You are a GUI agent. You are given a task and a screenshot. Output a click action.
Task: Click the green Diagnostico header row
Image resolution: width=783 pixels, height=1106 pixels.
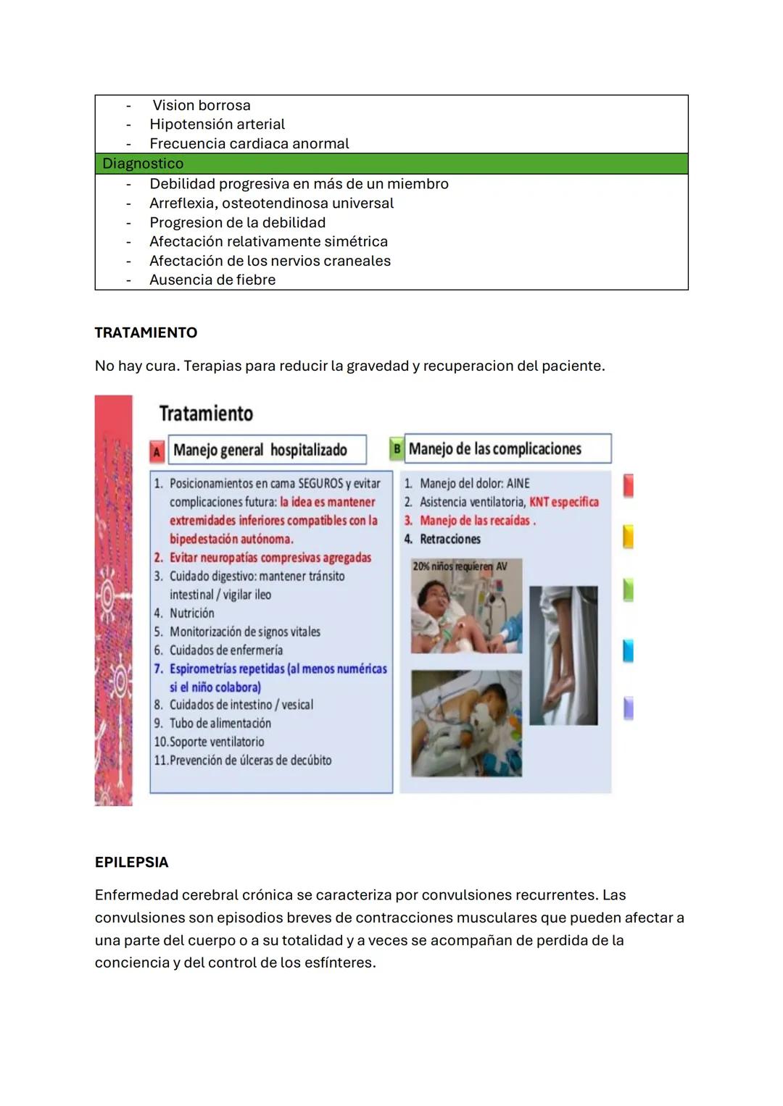pos(391,164)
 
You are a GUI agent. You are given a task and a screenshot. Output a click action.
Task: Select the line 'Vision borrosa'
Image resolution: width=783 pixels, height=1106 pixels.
pos(201,106)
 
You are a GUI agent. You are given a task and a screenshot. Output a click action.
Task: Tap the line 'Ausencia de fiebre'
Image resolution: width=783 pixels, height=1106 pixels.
pos(212,280)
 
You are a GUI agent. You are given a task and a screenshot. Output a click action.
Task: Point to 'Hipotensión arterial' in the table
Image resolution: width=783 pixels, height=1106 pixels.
pos(217,125)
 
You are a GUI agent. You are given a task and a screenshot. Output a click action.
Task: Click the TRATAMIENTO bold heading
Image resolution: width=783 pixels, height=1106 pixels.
pos(146,333)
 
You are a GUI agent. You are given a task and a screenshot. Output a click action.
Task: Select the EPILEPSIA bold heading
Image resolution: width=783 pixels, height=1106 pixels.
pos(131,863)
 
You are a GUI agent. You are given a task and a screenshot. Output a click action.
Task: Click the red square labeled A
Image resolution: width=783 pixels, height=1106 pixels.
pos(157,451)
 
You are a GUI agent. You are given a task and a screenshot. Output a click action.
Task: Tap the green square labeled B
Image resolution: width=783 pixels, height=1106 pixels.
pos(396,449)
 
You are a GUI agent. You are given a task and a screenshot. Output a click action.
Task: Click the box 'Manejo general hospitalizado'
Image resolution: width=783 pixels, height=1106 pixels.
pos(267,450)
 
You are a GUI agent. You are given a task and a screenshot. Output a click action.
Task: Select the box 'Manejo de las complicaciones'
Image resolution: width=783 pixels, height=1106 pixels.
pos(507,449)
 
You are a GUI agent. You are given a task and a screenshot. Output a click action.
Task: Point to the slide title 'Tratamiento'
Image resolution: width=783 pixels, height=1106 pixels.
pos(206,414)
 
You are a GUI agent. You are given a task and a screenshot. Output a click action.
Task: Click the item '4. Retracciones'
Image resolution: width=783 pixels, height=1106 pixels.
pos(443,540)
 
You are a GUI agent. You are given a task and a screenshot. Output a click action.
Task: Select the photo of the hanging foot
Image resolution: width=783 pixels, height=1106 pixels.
pos(563,655)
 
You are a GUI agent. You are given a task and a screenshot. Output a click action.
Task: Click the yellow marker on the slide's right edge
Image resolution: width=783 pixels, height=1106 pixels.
pos(628,537)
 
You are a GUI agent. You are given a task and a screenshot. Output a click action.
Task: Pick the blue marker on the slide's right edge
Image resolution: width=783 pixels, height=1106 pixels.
pos(628,650)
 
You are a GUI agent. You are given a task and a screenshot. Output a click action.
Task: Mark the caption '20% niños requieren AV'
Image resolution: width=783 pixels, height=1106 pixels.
pos(460,566)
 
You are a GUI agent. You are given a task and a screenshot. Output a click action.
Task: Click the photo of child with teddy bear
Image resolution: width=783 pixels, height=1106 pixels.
pos(466,723)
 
